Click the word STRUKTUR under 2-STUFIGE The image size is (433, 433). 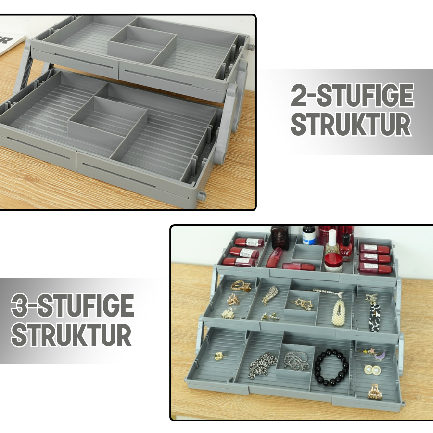pyautogui.click(x=351, y=125)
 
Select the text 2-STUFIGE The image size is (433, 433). pyautogui.click(x=352, y=96)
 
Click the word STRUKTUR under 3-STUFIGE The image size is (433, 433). pyautogui.click(x=71, y=335)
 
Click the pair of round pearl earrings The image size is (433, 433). pyautogui.click(x=372, y=370)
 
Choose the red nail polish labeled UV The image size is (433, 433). pyautogui.click(x=345, y=248)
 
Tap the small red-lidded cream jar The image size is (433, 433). pyautogui.click(x=332, y=262)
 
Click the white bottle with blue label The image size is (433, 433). pyautogui.click(x=309, y=236)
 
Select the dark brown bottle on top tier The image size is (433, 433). pyautogui.click(x=280, y=237)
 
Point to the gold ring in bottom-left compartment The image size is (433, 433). pyautogui.click(x=219, y=357)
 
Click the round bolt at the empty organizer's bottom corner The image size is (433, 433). pyautogui.click(x=202, y=196)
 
